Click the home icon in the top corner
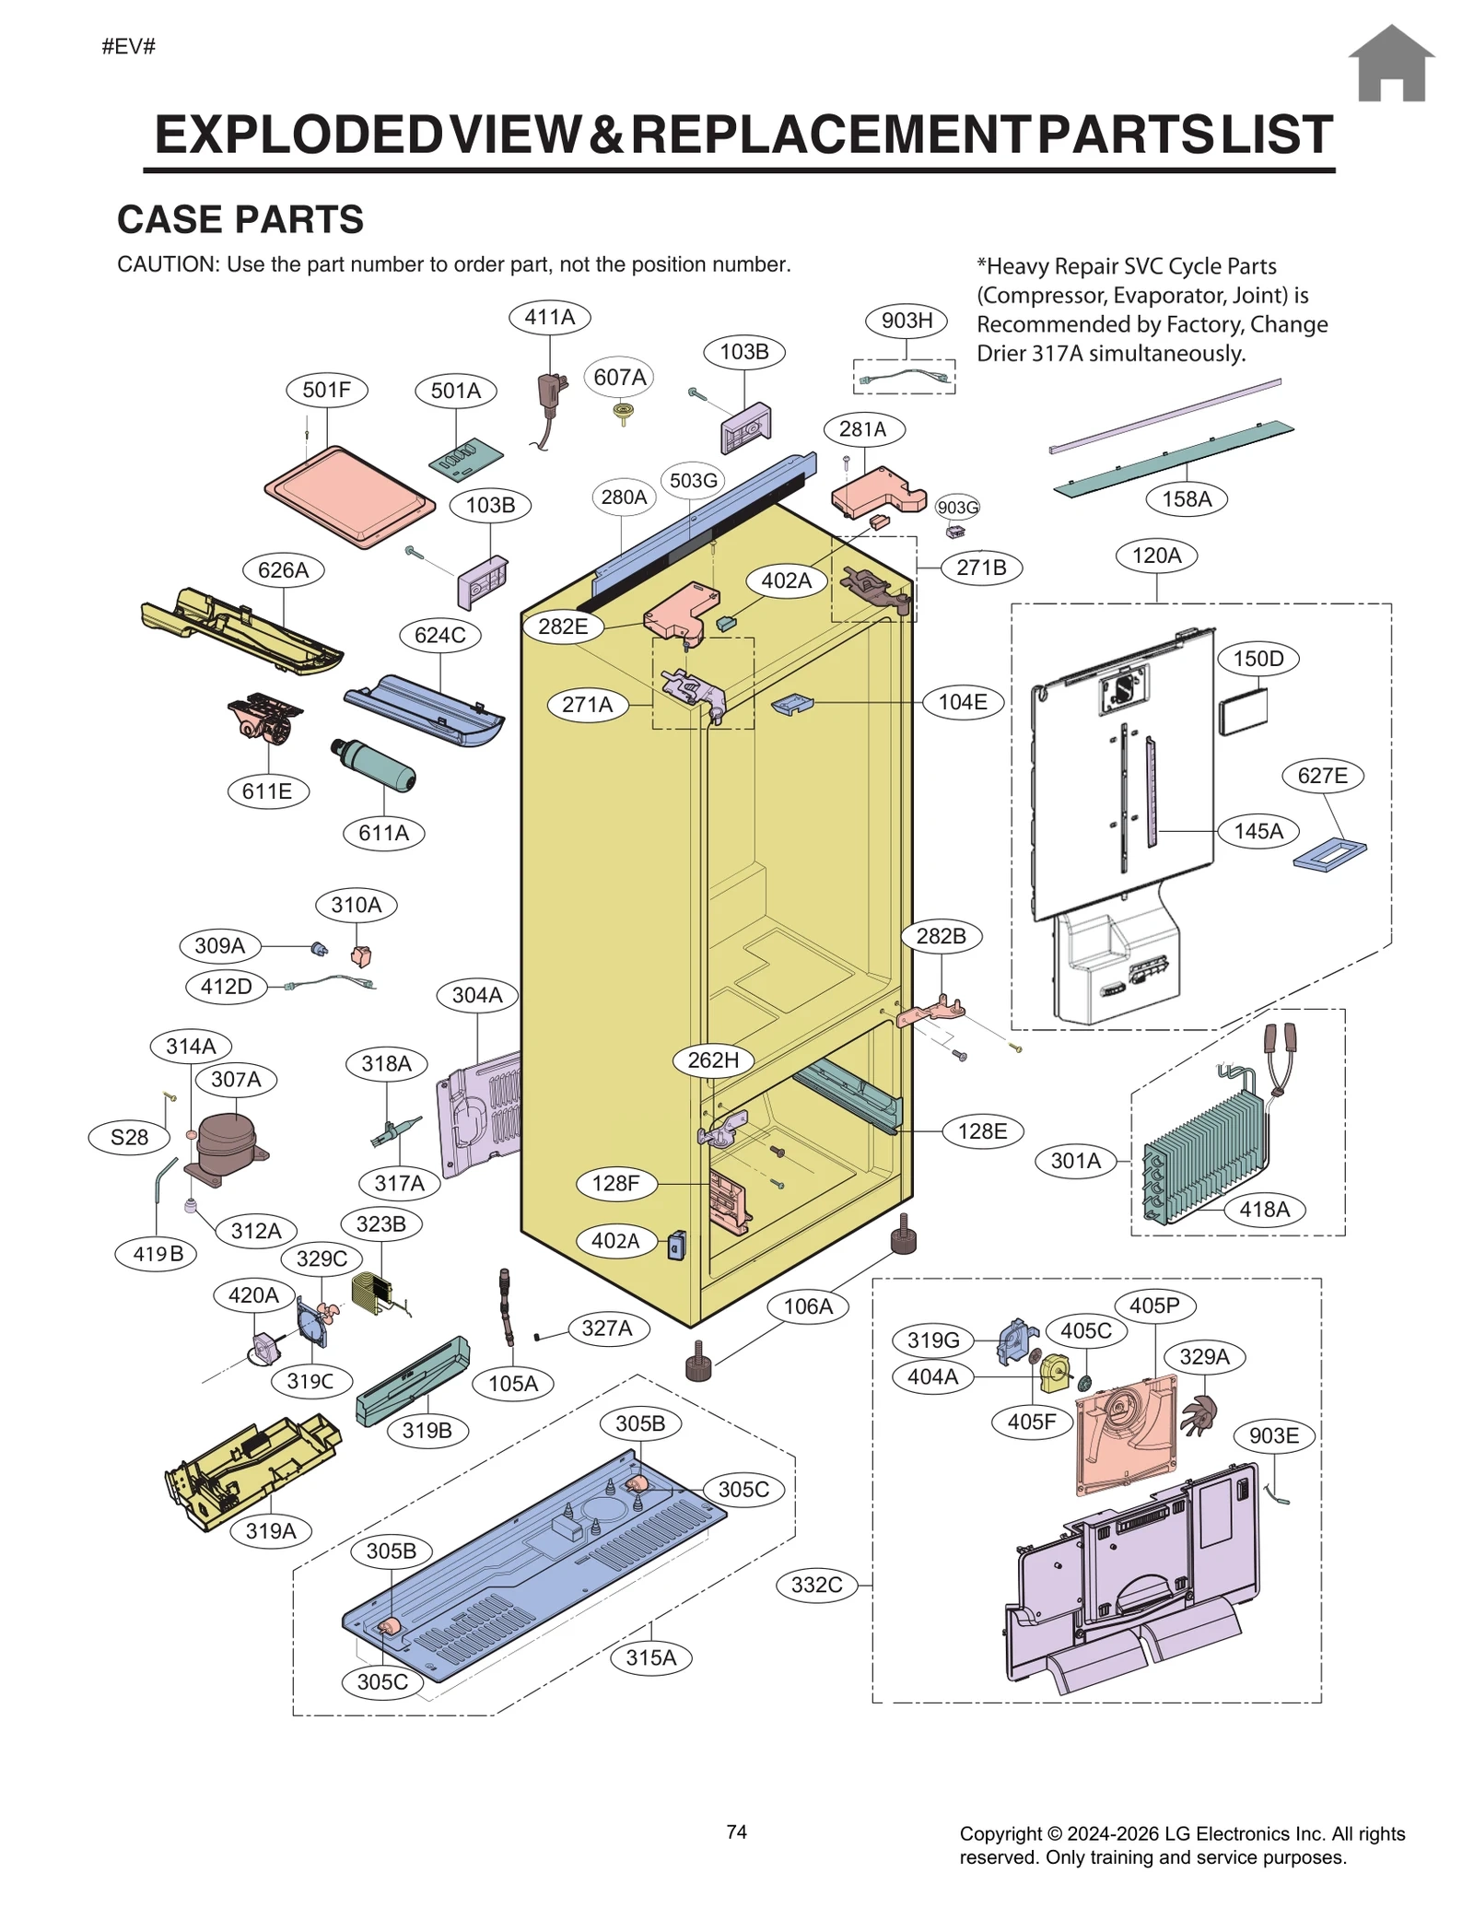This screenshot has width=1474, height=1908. coord(1391,64)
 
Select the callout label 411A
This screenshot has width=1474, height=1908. coord(550,317)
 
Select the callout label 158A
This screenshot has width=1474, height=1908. coord(1187,499)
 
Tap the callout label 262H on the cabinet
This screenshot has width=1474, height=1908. coord(713,1059)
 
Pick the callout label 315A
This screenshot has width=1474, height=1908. coord(651,1657)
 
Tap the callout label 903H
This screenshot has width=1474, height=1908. coord(907,321)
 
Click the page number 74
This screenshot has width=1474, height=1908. coord(736,1832)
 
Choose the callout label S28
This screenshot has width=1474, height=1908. coord(129,1137)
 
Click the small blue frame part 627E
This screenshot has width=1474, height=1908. coord(1328,854)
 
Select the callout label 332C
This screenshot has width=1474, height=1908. coord(817,1585)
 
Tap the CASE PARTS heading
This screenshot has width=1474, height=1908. coord(240,219)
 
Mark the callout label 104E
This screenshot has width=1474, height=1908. coord(963,702)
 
